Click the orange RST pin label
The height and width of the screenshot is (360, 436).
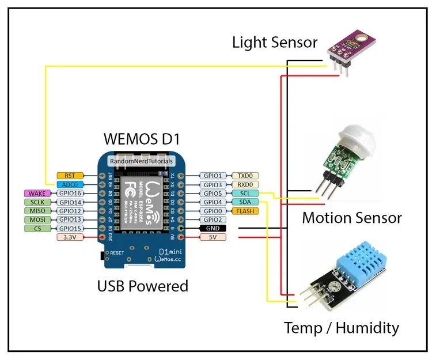point(70,175)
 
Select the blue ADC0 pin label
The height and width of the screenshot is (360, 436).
point(70,184)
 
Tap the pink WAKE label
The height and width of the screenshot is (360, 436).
point(37,193)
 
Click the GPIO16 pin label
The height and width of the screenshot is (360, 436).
point(70,193)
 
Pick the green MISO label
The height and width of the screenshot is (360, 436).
point(37,211)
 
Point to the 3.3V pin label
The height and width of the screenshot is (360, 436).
point(70,237)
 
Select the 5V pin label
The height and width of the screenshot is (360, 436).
point(212,237)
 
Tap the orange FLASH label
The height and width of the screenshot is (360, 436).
point(245,211)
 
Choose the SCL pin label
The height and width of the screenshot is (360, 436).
point(245,193)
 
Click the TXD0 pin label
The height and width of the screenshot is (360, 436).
point(245,175)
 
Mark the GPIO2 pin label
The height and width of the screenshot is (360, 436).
point(212,219)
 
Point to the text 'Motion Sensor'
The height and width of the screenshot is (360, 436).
point(351,218)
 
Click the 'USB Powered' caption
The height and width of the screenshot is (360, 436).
point(142,286)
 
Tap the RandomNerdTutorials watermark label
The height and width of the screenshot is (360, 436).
point(141,162)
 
